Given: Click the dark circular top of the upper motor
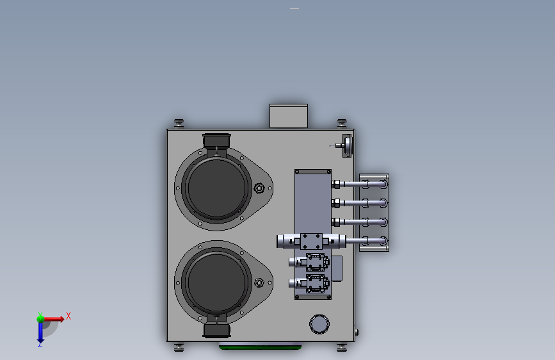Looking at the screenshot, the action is tap(216, 188).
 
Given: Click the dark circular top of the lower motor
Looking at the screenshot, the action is tap(216, 282).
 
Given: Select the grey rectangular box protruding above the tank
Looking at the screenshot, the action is tap(289, 116).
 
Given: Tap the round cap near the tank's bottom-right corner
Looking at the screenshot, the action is tap(319, 324).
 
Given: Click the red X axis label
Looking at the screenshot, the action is tap(68, 316).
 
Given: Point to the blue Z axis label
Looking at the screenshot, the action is tap(40, 344).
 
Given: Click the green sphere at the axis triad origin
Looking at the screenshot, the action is tap(40, 319).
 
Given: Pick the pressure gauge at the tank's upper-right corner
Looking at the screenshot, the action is tap(346, 145).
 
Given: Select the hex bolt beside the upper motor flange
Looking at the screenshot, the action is tap(259, 188).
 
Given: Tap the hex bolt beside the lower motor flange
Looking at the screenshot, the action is tap(259, 282).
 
